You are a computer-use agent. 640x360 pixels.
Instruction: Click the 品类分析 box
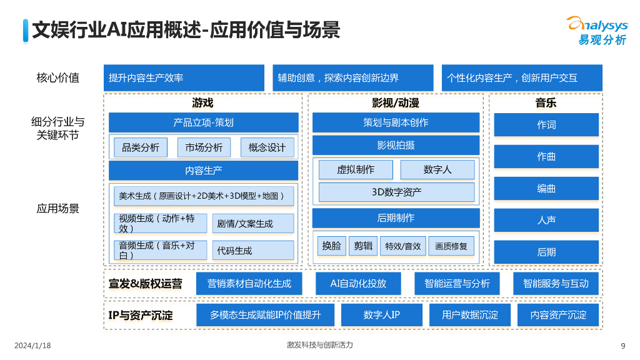[x=141, y=147]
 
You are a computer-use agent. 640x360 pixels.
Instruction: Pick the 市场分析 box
[x=204, y=147]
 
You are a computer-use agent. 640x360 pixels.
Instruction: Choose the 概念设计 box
[x=267, y=147]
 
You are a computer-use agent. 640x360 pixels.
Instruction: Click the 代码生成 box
[x=253, y=251]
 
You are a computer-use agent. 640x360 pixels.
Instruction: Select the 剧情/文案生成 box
[x=253, y=224]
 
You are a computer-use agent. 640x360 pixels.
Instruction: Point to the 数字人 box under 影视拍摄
[x=437, y=169]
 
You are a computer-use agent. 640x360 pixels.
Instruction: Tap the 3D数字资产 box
[x=396, y=192]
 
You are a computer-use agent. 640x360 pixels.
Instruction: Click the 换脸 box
[x=332, y=246]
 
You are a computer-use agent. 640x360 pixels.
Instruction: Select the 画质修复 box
[x=451, y=246]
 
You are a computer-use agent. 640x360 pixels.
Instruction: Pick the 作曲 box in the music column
[x=546, y=156]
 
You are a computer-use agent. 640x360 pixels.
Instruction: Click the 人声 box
[x=546, y=220]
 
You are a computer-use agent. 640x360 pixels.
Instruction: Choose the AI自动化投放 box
[x=358, y=283]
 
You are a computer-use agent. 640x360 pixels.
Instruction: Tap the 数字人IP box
[x=382, y=315]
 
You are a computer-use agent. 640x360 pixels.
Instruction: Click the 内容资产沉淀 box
[x=558, y=315]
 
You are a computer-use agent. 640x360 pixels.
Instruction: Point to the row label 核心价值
[x=58, y=78]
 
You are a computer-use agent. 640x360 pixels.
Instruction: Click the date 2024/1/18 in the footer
[x=32, y=346]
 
